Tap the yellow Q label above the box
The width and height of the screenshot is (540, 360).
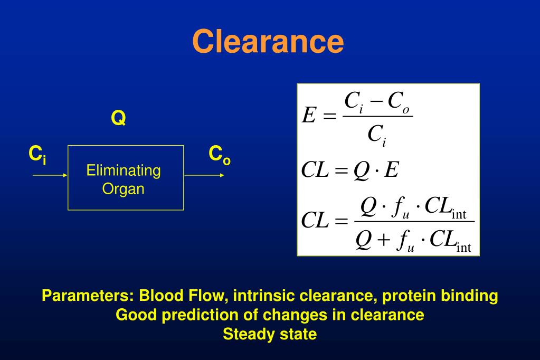click(x=118, y=118)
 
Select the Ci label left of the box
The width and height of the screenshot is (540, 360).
click(x=37, y=155)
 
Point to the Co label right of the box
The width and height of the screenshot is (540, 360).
click(x=220, y=155)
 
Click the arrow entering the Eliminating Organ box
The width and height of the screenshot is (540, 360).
click(x=50, y=175)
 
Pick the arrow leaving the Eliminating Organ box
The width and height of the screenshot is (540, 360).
click(x=204, y=175)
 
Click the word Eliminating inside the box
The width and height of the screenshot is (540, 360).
click(x=124, y=170)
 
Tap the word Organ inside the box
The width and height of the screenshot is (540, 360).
click(x=124, y=188)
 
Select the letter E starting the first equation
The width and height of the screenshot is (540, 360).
click(x=308, y=116)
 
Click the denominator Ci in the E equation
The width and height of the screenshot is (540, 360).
click(x=377, y=136)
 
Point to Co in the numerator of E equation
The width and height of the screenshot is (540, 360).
click(x=399, y=101)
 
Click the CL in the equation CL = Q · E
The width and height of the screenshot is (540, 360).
click(x=315, y=171)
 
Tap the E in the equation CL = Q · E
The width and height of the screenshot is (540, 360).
click(x=391, y=171)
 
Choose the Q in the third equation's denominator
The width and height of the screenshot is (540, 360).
click(x=364, y=241)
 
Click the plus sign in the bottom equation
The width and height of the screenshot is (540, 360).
click(x=384, y=241)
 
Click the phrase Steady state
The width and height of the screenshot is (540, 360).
click(x=270, y=334)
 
